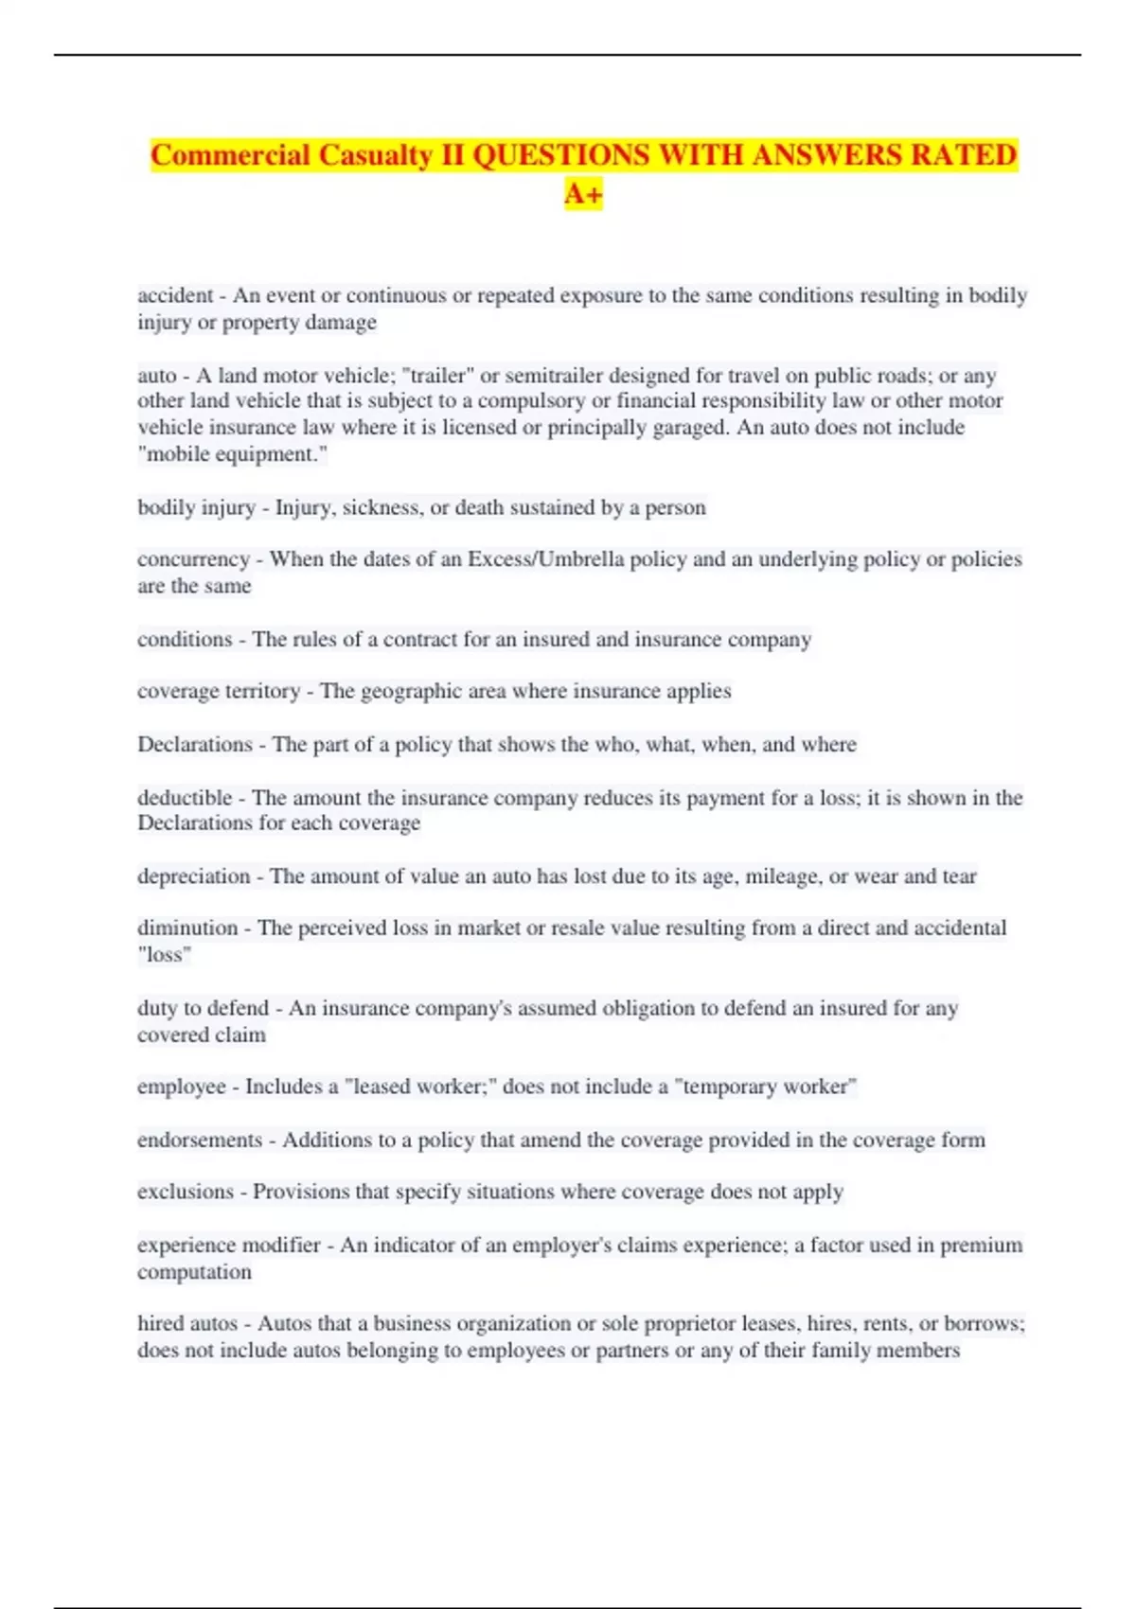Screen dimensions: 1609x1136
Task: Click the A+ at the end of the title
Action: click(x=583, y=194)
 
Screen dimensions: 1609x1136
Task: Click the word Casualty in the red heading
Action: click(x=376, y=155)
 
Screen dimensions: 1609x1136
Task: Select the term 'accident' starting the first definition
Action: click(x=175, y=295)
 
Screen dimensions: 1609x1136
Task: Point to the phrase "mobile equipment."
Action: click(x=233, y=454)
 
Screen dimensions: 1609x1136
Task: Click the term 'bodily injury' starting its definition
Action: click(x=196, y=507)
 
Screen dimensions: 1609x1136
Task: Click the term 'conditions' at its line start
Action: click(x=185, y=640)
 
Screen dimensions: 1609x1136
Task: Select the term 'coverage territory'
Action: click(x=219, y=691)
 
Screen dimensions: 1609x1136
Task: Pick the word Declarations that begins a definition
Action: click(x=195, y=745)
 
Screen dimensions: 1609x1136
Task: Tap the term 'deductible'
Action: click(x=185, y=798)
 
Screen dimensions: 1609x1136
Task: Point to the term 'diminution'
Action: click(x=187, y=928)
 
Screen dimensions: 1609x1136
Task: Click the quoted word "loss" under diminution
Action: click(x=165, y=955)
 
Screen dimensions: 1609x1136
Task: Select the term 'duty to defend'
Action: click(x=203, y=1008)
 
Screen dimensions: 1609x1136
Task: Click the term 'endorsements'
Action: click(x=200, y=1140)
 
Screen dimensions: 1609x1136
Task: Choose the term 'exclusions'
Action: click(x=186, y=1192)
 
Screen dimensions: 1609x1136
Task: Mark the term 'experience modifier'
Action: click(x=229, y=1245)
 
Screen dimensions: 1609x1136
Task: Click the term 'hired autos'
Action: click(x=187, y=1323)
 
